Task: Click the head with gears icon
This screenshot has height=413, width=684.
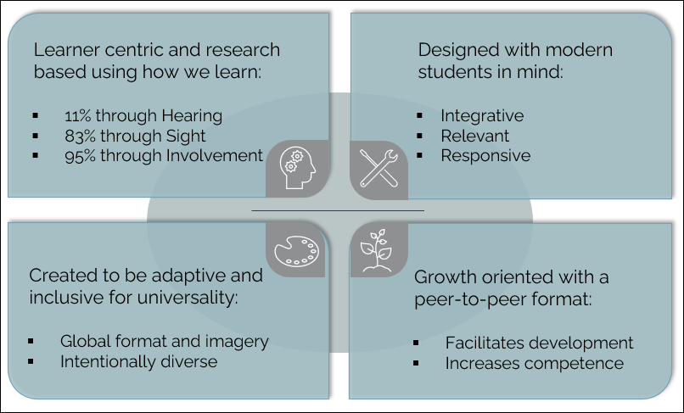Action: point(298,168)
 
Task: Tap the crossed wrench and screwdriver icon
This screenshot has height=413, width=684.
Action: point(378,169)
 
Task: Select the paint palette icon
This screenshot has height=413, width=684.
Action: point(297,251)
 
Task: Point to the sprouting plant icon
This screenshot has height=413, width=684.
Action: point(377,251)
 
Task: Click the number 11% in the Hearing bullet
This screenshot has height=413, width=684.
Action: point(77,116)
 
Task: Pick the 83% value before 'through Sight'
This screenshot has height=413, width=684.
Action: point(80,136)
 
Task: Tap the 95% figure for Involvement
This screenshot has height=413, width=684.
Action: point(80,156)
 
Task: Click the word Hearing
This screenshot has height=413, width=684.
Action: point(192,116)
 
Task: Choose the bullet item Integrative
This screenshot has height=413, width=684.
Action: point(482,116)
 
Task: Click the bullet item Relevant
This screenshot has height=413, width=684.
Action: point(474,136)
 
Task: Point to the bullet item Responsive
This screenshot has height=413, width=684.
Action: point(485,156)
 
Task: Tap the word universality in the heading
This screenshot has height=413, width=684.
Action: point(188,298)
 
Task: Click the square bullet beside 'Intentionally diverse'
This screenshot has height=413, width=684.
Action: point(31,361)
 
